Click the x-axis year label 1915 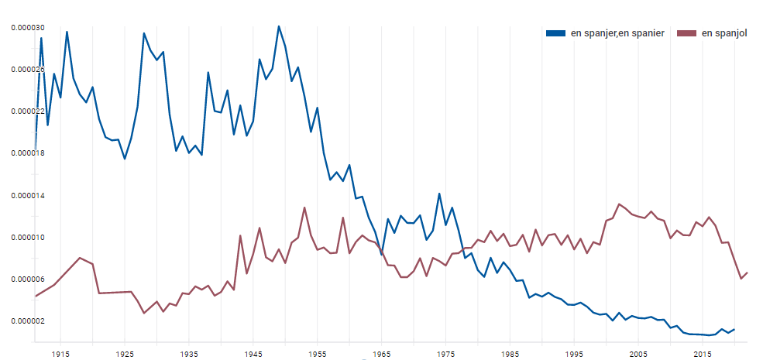pyautogui.click(x=60, y=354)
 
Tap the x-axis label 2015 pyautogui.click(x=703, y=354)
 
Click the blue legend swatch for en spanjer pyautogui.click(x=555, y=33)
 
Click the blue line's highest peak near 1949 pyautogui.click(x=279, y=26)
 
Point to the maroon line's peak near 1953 pyautogui.click(x=304, y=207)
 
